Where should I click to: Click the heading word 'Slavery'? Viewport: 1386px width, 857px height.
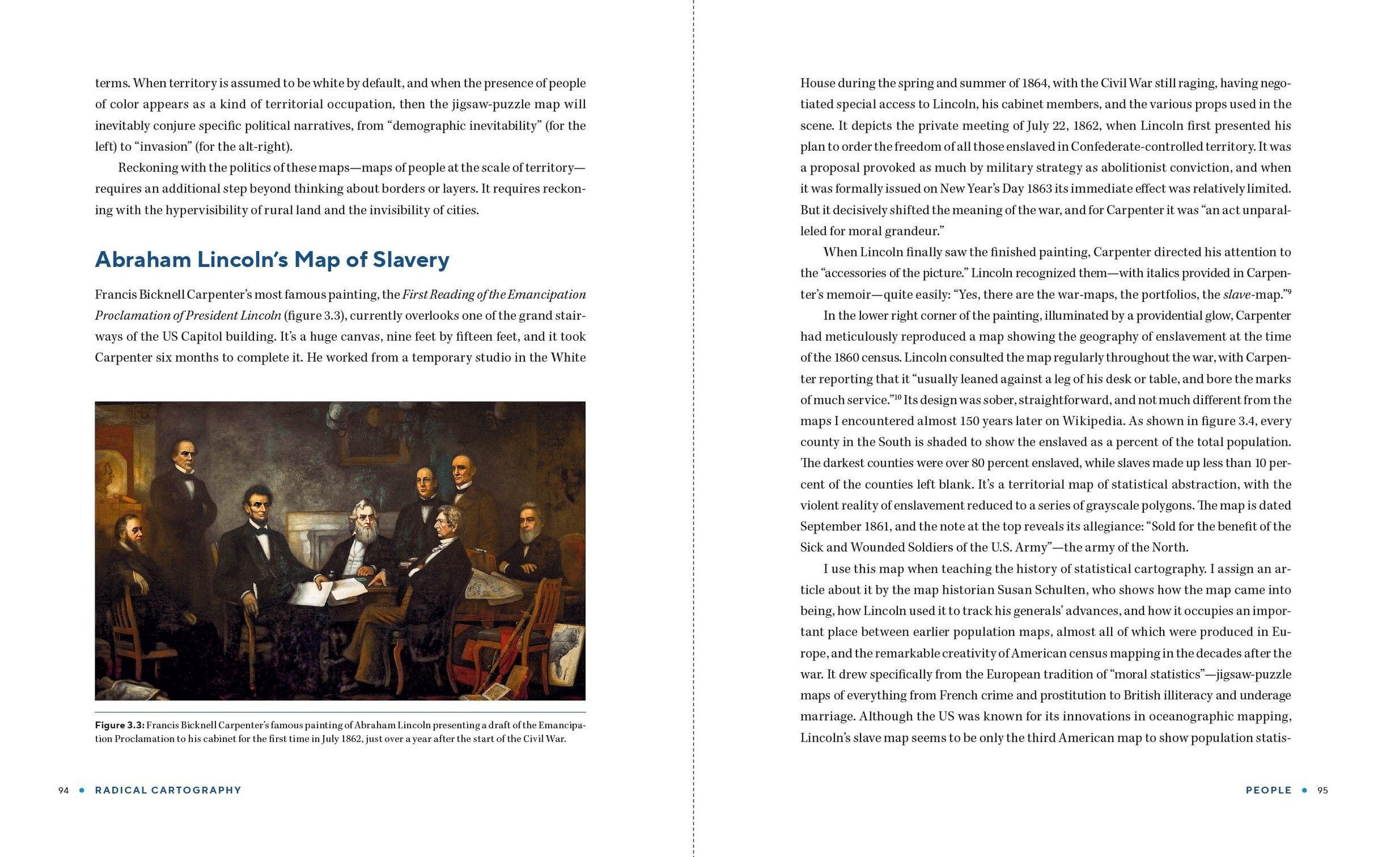click(x=411, y=260)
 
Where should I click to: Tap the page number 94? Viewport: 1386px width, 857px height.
click(x=64, y=790)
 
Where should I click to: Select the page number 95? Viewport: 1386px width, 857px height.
click(x=1322, y=790)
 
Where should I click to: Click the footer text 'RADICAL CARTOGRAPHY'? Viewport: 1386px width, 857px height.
click(x=168, y=790)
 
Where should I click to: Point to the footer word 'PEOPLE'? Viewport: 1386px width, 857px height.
click(x=1268, y=790)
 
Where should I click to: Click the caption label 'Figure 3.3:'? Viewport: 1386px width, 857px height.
click(x=120, y=725)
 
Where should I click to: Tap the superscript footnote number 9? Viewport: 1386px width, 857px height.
click(x=1288, y=290)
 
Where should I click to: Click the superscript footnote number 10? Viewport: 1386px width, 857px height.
click(x=898, y=397)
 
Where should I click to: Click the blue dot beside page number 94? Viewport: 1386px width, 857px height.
click(x=81, y=790)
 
